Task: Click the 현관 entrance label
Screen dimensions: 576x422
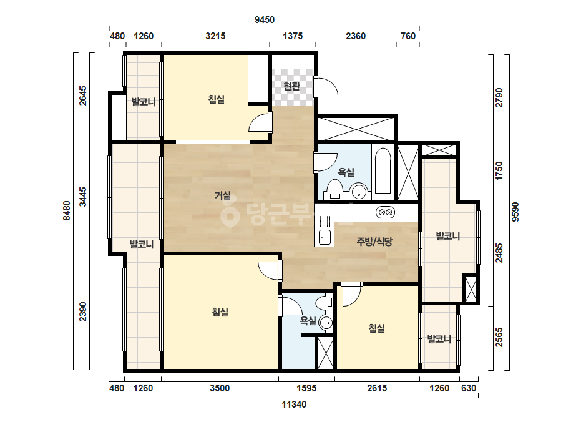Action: (x=292, y=86)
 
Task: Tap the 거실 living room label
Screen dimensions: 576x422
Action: (x=223, y=195)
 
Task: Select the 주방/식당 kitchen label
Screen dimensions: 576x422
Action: (x=374, y=242)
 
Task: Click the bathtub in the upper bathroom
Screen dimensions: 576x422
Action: (x=383, y=170)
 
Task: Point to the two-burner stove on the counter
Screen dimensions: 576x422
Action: (x=385, y=212)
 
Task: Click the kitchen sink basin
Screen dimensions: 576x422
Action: (x=325, y=237)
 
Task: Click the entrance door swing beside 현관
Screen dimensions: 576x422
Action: (x=326, y=87)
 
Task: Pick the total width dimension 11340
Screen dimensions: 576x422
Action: (x=294, y=405)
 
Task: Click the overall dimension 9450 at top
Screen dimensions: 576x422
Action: (x=265, y=20)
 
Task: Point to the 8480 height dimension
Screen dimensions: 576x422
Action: (x=67, y=210)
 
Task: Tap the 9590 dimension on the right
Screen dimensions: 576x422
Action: (x=515, y=212)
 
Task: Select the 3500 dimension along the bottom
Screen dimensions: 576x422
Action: (x=220, y=388)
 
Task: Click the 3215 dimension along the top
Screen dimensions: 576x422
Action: (x=215, y=36)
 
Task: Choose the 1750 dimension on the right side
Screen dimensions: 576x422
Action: (x=499, y=171)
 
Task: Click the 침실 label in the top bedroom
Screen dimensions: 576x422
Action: (x=217, y=99)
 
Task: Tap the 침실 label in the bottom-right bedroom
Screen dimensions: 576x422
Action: (x=377, y=328)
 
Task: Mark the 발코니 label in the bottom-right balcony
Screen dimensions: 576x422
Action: (x=439, y=339)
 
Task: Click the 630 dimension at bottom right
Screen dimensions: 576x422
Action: (x=469, y=388)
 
